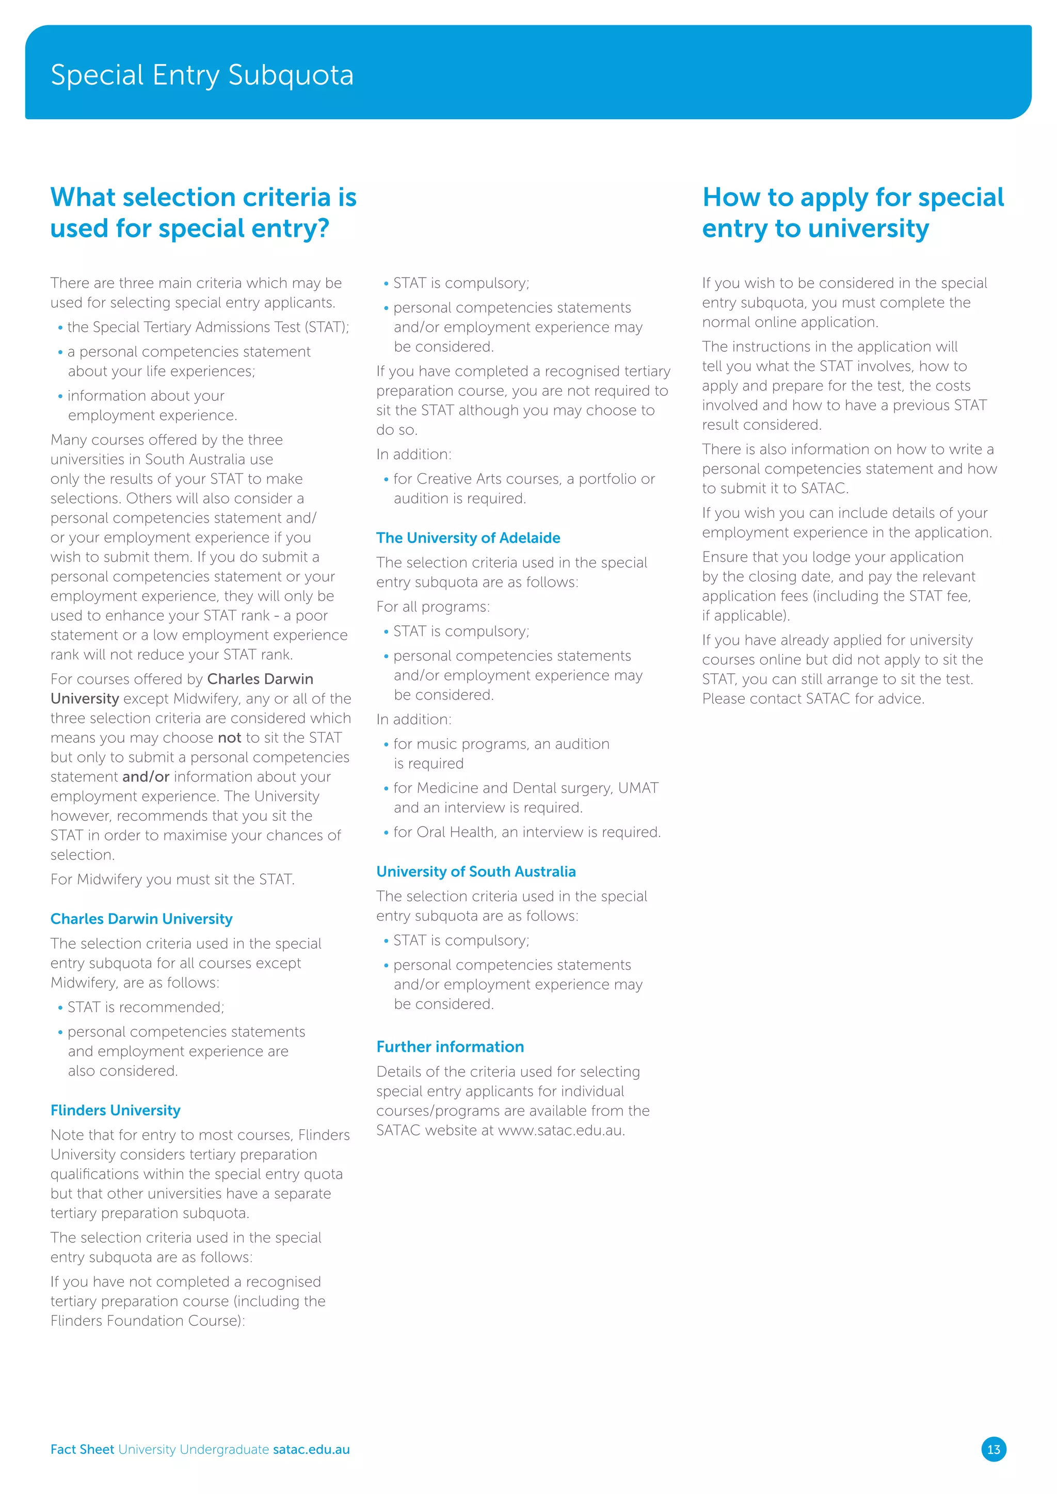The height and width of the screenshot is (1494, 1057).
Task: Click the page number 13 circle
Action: pyautogui.click(x=993, y=1449)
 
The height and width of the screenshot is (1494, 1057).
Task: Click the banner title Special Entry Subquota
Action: pyautogui.click(x=202, y=75)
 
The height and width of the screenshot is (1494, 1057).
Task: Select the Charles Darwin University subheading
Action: pyautogui.click(x=141, y=919)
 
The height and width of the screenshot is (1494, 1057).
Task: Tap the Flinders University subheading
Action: pyautogui.click(x=115, y=1110)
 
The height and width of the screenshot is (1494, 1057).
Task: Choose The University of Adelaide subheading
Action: pyautogui.click(x=468, y=538)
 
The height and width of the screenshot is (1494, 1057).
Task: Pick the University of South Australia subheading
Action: pyautogui.click(x=476, y=871)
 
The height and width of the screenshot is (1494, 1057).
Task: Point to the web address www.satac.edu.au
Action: pyautogui.click(x=560, y=1130)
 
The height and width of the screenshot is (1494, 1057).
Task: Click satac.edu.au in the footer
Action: pyautogui.click(x=311, y=1449)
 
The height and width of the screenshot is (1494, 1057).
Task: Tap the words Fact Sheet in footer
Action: pyautogui.click(x=82, y=1449)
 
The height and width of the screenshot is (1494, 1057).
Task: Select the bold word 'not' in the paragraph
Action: pyautogui.click(x=229, y=737)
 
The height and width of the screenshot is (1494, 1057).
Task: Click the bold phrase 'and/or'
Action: pyautogui.click(x=146, y=776)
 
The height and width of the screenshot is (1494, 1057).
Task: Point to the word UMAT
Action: pyautogui.click(x=638, y=788)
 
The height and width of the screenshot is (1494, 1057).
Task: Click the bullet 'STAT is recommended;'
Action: pyautogui.click(x=146, y=1006)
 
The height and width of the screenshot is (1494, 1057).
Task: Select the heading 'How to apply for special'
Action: pyautogui.click(x=853, y=197)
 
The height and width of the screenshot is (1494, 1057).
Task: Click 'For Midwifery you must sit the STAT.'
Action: pyautogui.click(x=172, y=879)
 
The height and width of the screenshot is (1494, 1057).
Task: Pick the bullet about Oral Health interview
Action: pyautogui.click(x=526, y=832)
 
